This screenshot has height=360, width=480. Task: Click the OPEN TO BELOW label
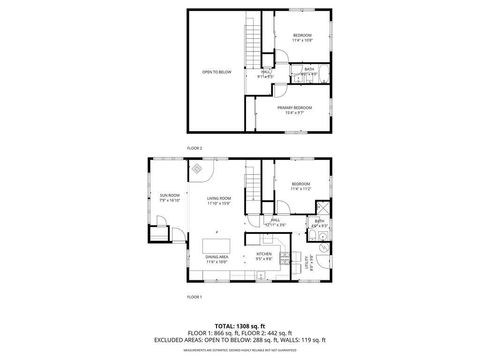point(217,72)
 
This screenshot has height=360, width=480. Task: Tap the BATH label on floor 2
point(310,69)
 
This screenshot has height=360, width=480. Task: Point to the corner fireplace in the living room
point(198,169)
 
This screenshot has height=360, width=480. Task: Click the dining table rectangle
point(216,245)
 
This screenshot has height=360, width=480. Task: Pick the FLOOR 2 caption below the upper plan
point(194,148)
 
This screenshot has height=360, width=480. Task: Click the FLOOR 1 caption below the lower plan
point(194,297)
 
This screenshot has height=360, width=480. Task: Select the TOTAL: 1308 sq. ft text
point(240,326)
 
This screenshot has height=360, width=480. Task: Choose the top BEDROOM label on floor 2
point(303,35)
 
